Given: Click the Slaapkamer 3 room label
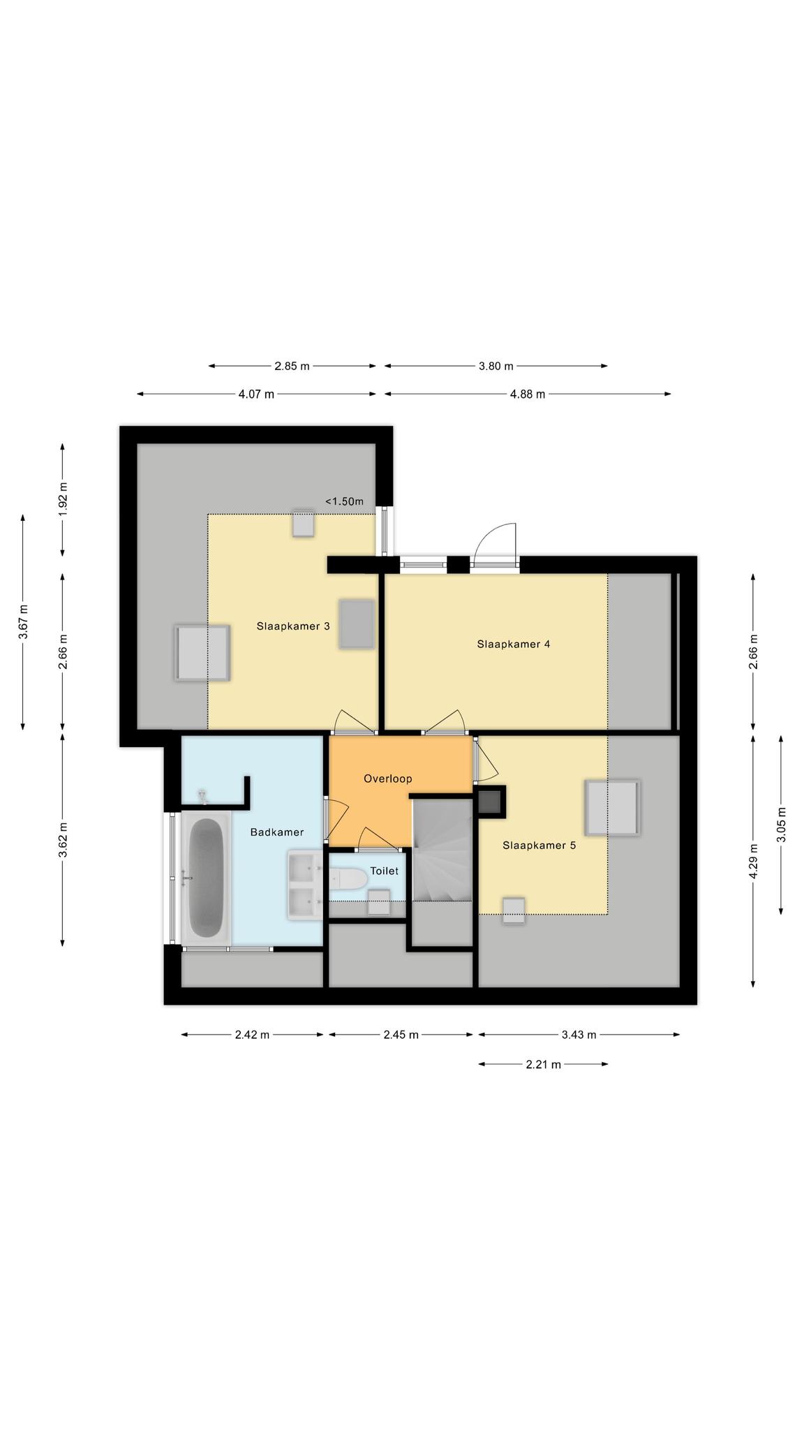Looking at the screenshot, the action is pyautogui.click(x=293, y=626).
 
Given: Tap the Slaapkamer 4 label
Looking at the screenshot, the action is pyautogui.click(x=514, y=644).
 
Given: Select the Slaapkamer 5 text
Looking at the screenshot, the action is pyautogui.click(x=539, y=846).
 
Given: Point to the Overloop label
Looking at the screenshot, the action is pyautogui.click(x=388, y=779).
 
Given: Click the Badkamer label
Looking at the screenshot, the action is pyautogui.click(x=277, y=832).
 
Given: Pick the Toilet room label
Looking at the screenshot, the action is pyautogui.click(x=385, y=871).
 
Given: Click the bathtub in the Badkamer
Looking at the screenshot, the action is pyautogui.click(x=207, y=878).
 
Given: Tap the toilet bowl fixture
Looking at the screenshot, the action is pyautogui.click(x=349, y=879).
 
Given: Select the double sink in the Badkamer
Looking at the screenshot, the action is pyautogui.click(x=304, y=885).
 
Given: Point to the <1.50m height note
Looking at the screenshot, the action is pyautogui.click(x=344, y=501).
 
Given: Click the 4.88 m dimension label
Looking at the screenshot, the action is pyautogui.click(x=528, y=394).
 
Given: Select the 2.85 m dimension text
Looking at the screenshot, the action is pyautogui.click(x=292, y=366).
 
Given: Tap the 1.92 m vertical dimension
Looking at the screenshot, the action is pyautogui.click(x=63, y=500).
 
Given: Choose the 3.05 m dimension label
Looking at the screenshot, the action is pyautogui.click(x=781, y=825).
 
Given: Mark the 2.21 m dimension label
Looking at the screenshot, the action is pyautogui.click(x=544, y=1065).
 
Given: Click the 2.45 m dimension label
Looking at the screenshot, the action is pyautogui.click(x=401, y=1035).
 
